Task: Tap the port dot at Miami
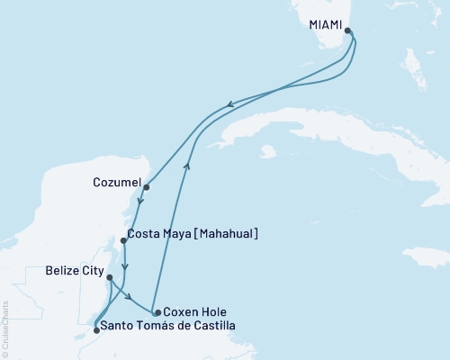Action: (x=348, y=33)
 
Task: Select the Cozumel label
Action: (x=115, y=183)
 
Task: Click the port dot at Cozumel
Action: (x=146, y=187)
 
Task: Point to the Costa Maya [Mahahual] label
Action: (x=194, y=234)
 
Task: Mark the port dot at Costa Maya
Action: (x=123, y=240)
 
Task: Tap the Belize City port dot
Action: (x=110, y=277)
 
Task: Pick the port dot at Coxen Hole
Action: (x=157, y=313)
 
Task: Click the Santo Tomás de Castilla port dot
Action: (x=96, y=330)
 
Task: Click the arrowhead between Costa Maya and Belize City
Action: (x=125, y=266)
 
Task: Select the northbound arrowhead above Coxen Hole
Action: (x=187, y=165)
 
